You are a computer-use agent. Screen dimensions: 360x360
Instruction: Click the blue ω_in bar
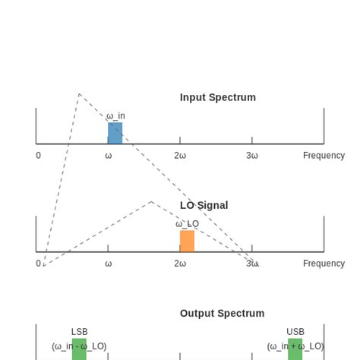115,133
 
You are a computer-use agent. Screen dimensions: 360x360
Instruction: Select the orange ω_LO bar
187,241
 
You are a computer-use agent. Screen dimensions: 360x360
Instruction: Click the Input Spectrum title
218,97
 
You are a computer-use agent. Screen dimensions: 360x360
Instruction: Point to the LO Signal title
204,205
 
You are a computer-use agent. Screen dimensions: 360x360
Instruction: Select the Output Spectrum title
222,313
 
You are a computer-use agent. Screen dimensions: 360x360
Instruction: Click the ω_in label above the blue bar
115,116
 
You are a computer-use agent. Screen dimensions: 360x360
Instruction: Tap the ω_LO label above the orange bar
187,224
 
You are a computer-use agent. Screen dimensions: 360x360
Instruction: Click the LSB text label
79,332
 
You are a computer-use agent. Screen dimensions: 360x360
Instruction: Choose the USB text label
295,332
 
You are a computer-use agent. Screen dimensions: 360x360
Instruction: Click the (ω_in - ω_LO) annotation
79,346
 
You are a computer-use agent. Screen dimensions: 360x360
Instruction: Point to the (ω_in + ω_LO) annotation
295,346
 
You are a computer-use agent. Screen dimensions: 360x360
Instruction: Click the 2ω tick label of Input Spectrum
180,156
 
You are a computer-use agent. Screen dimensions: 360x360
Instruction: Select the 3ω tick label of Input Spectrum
252,156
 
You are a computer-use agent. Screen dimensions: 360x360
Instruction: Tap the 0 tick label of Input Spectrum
38,156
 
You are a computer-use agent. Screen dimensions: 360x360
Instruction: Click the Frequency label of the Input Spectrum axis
324,156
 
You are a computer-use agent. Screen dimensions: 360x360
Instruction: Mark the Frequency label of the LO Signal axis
324,264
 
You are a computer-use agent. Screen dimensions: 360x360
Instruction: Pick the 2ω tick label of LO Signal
180,264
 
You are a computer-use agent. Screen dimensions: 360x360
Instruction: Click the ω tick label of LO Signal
108,264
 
